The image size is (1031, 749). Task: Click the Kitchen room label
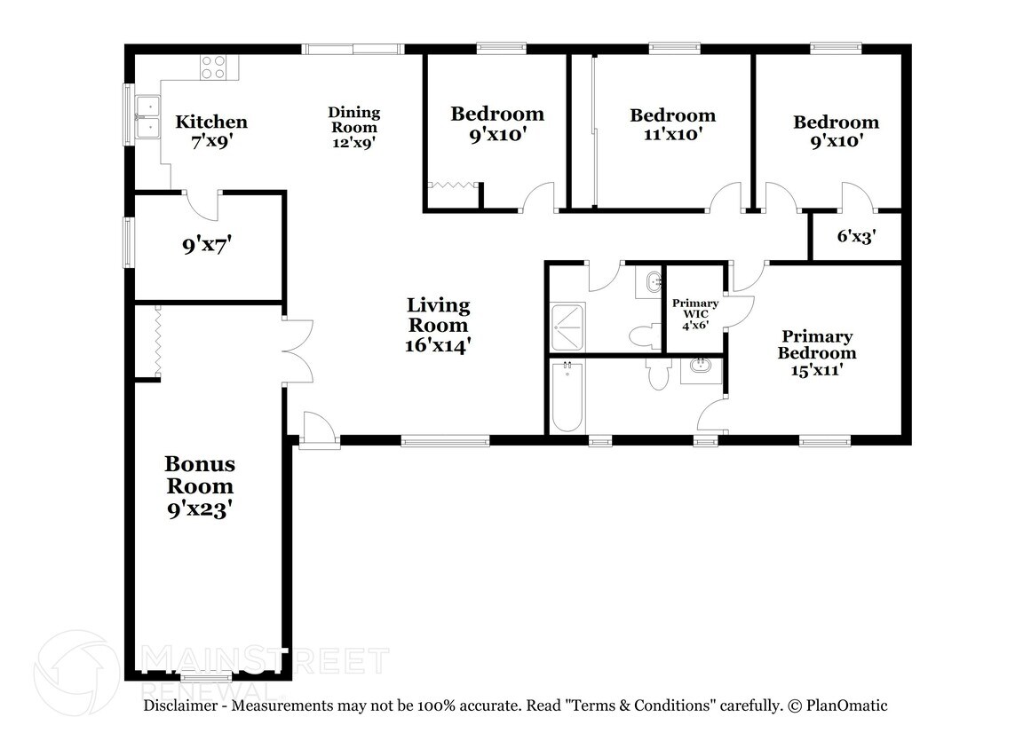point(211,130)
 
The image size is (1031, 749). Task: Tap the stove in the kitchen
point(214,67)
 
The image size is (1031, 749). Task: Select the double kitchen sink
point(148,118)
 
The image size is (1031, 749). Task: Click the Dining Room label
point(353,128)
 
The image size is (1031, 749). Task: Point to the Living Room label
point(439,325)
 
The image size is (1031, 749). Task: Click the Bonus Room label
point(200,486)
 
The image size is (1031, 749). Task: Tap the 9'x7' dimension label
point(206,246)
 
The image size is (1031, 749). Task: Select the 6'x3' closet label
point(856,236)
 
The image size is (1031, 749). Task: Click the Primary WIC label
point(695,314)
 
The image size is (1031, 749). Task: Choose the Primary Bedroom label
point(817,353)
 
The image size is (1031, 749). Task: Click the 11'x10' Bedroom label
point(672,125)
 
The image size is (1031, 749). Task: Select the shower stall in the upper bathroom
point(567,327)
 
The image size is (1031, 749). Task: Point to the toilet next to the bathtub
point(658,374)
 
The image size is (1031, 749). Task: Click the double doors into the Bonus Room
point(297,351)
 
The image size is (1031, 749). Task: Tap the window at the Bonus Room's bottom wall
point(206,676)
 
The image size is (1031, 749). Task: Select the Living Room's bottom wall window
point(445,441)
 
